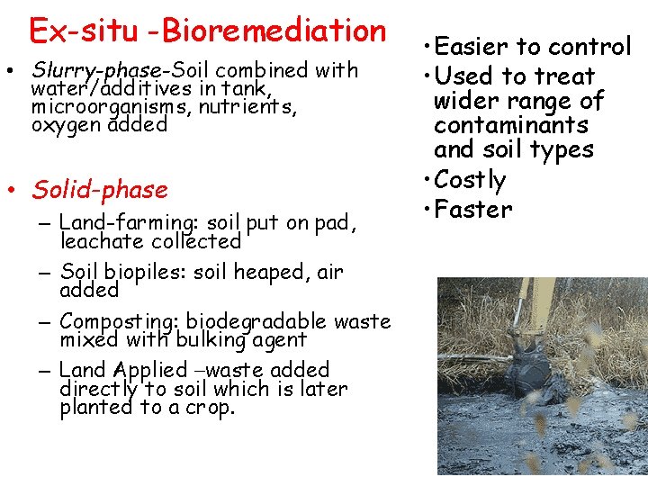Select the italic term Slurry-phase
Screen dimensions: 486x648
[99, 70]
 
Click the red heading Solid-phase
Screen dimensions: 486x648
[100, 190]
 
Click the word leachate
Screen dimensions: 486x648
[100, 241]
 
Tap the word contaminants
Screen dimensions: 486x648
[510, 125]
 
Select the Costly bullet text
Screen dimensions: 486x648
[470, 180]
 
